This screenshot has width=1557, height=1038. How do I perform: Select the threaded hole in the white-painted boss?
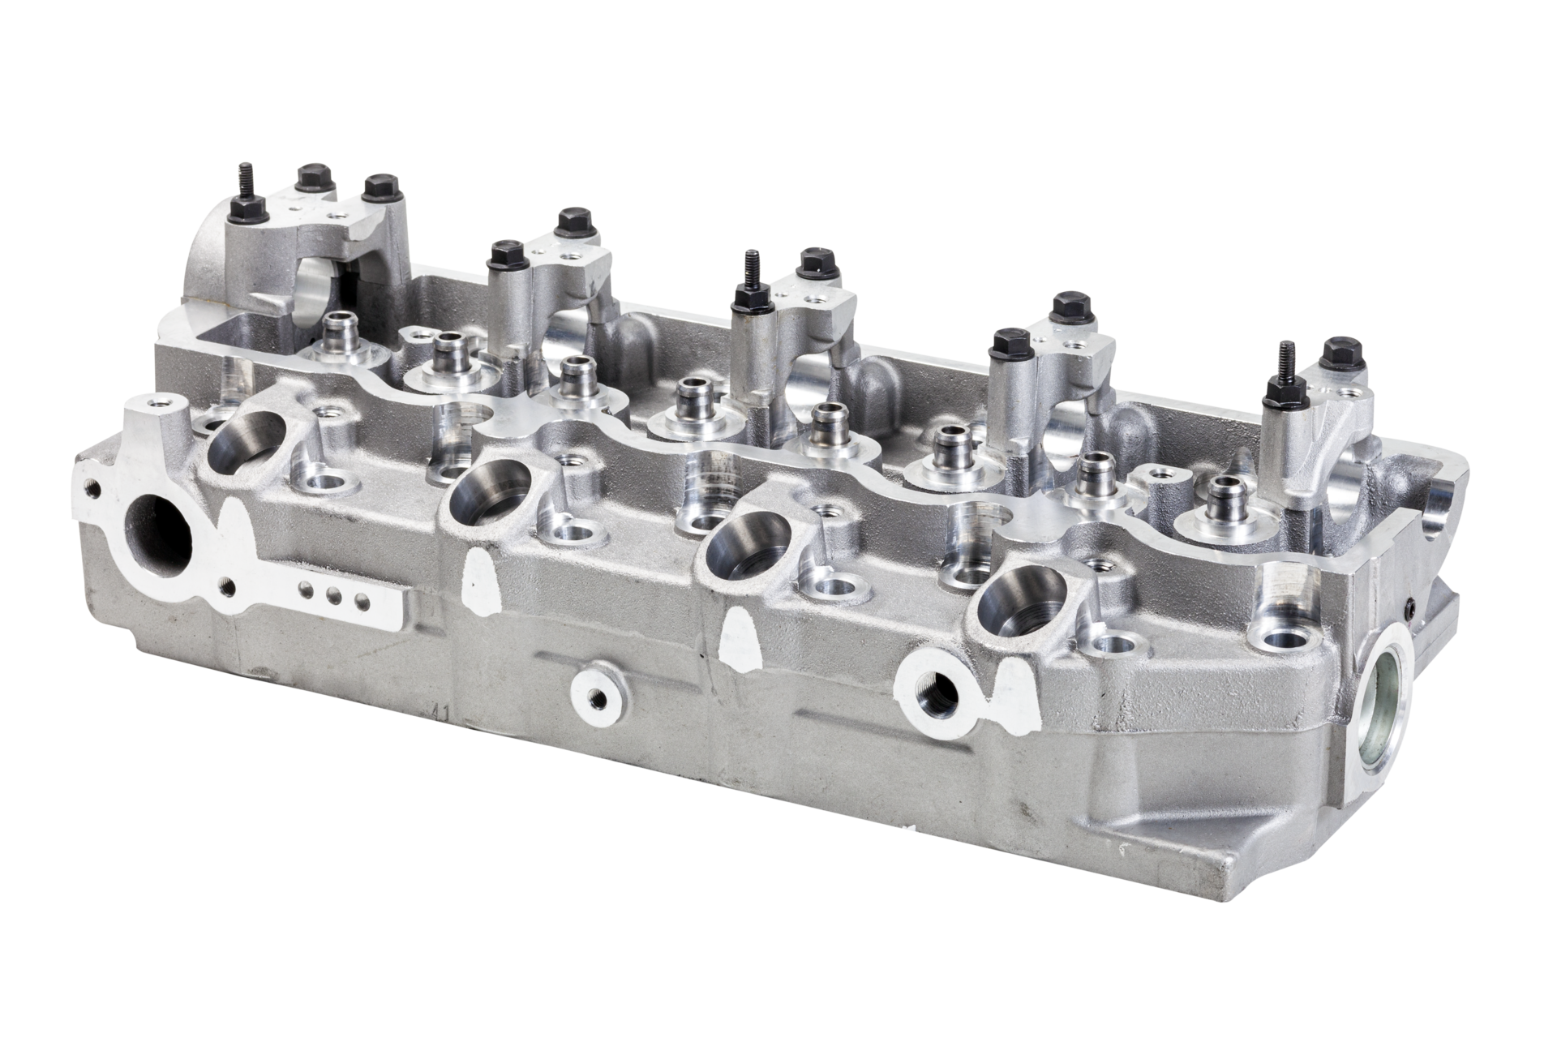coord(929,689)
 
